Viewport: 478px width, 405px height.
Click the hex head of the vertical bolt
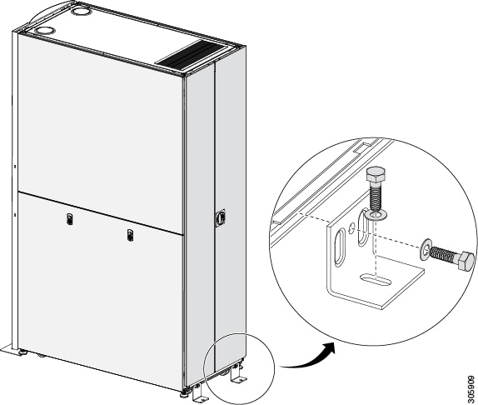click(376, 174)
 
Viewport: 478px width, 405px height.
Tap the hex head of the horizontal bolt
click(463, 260)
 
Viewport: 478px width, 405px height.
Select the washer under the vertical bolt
click(378, 215)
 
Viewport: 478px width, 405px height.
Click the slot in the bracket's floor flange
click(376, 280)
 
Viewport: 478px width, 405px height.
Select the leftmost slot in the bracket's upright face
click(339, 248)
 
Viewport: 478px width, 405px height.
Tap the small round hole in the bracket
click(351, 227)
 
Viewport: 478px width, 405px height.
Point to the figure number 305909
click(471, 389)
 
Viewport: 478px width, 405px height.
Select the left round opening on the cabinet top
click(44, 31)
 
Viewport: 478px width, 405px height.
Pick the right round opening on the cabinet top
click(81, 12)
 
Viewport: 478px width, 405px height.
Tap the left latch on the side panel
click(70, 219)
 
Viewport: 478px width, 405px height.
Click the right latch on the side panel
click(130, 235)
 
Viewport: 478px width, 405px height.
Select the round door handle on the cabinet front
click(221, 217)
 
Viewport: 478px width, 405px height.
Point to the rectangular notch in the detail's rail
click(362, 147)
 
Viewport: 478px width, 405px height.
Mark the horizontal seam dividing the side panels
click(101, 213)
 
